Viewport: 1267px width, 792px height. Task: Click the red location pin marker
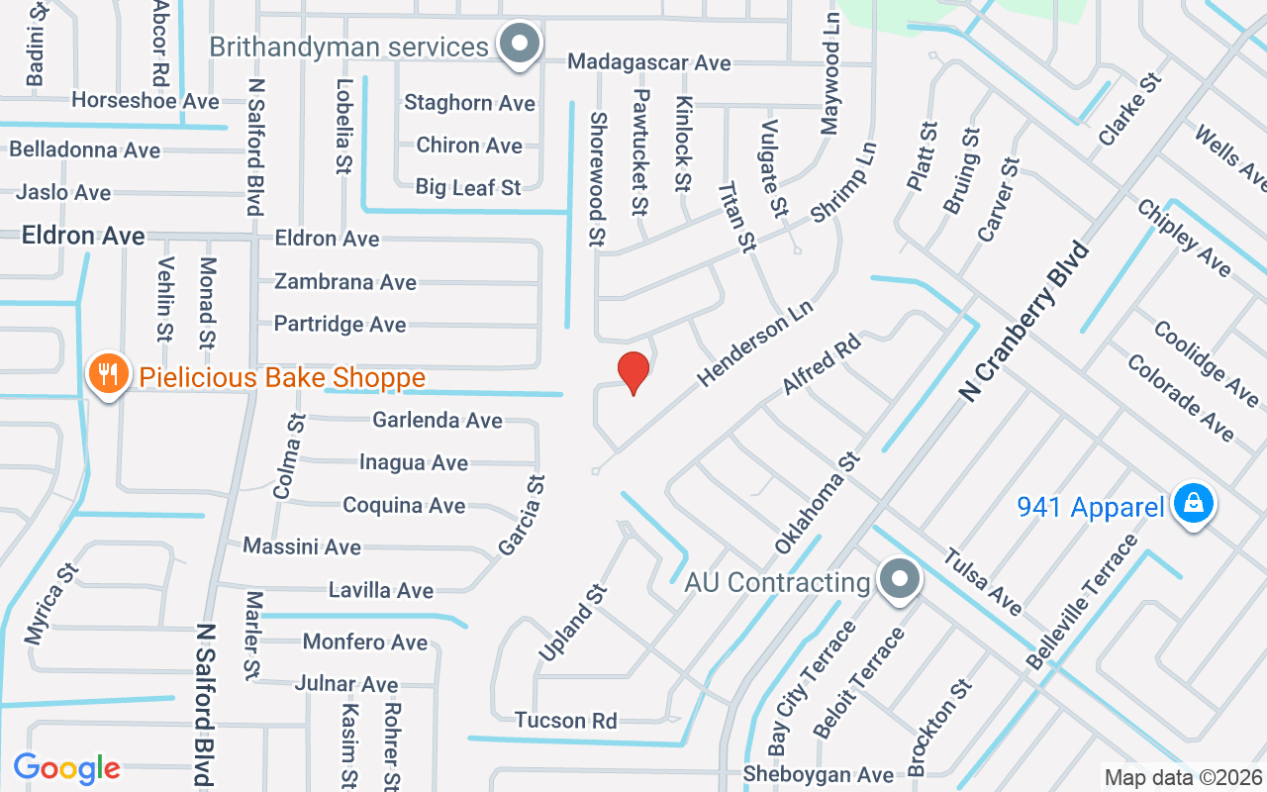[633, 372]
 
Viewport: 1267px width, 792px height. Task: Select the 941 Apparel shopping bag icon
[1194, 504]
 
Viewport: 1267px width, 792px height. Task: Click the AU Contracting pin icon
[899, 577]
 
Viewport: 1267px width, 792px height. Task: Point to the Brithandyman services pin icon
[519, 44]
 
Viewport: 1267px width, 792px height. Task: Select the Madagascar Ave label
[648, 62]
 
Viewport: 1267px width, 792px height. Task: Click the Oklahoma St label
[818, 503]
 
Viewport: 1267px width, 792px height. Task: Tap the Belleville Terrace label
[1083, 601]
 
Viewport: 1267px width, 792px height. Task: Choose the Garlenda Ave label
[438, 420]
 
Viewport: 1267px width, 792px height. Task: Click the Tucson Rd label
[565, 720]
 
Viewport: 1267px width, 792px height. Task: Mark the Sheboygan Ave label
[819, 774]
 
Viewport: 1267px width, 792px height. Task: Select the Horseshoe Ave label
[146, 101]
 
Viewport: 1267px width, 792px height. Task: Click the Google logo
[66, 768]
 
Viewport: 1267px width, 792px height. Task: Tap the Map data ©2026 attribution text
[1183, 777]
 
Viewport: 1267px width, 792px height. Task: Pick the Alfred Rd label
[822, 364]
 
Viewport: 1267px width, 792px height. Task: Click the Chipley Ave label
[1183, 238]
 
